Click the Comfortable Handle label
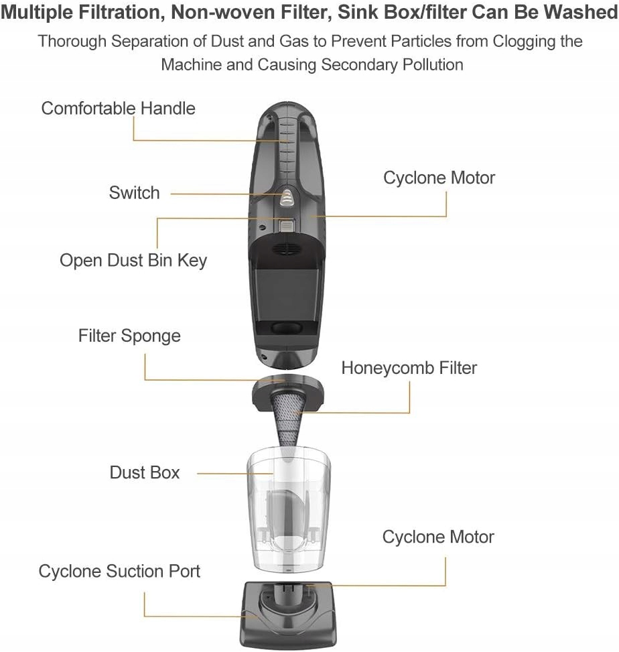point(119,109)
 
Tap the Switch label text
point(134,193)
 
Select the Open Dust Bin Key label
point(133,260)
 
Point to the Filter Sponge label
point(129,335)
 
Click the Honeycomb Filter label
point(409,368)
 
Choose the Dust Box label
point(145,472)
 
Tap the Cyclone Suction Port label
point(119,572)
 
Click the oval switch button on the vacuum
point(286,196)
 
